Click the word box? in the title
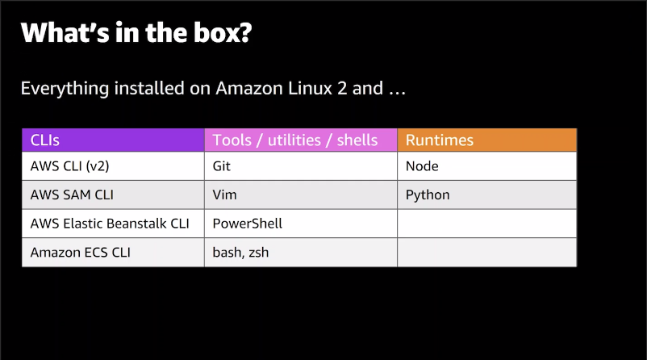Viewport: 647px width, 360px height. [x=223, y=32]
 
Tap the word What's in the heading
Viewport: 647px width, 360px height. [x=65, y=32]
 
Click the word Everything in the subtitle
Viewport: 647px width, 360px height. [x=65, y=89]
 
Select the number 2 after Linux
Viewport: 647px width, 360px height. [x=342, y=88]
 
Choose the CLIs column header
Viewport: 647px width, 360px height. [x=113, y=140]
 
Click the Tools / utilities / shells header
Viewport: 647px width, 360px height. [x=301, y=140]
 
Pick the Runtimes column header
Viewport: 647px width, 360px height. [x=487, y=140]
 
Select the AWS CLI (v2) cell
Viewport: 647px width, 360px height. [x=113, y=166]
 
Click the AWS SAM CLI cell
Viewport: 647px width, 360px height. [x=113, y=195]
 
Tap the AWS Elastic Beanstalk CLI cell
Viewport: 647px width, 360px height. [x=113, y=224]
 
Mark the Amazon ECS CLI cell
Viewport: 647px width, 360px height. [x=113, y=253]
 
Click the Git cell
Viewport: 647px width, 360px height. [x=301, y=166]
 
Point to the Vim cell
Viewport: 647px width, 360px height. [x=301, y=195]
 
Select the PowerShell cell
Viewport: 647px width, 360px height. [x=301, y=224]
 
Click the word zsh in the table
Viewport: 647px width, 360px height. [x=259, y=253]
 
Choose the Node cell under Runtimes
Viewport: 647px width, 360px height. [x=487, y=166]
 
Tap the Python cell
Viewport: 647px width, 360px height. [x=487, y=195]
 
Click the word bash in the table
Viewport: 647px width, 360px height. [x=227, y=253]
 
